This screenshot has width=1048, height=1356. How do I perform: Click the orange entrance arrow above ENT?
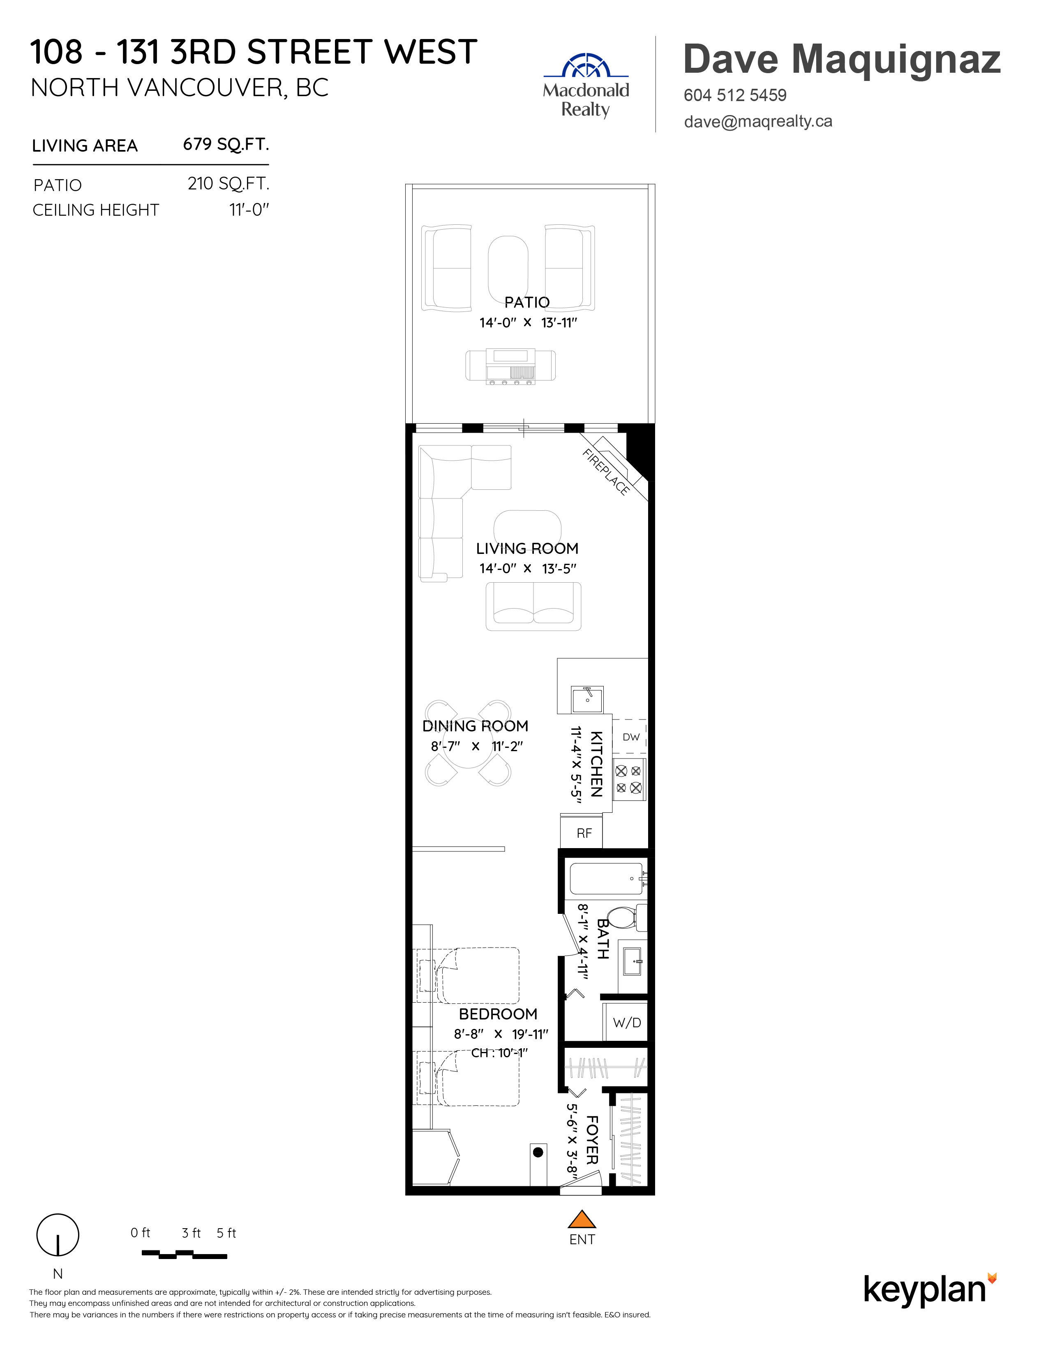coord(582,1220)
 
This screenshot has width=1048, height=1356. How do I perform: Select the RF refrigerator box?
coord(581,833)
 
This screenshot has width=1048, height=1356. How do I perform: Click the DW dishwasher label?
coord(631,737)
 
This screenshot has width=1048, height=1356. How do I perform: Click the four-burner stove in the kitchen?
coord(629,779)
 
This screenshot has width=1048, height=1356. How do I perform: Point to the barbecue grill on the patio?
coord(510,366)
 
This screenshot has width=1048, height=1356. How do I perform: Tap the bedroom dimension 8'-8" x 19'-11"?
coord(501,1034)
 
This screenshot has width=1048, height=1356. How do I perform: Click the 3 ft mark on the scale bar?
coord(191,1233)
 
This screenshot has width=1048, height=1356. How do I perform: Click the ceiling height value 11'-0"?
coord(249,210)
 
